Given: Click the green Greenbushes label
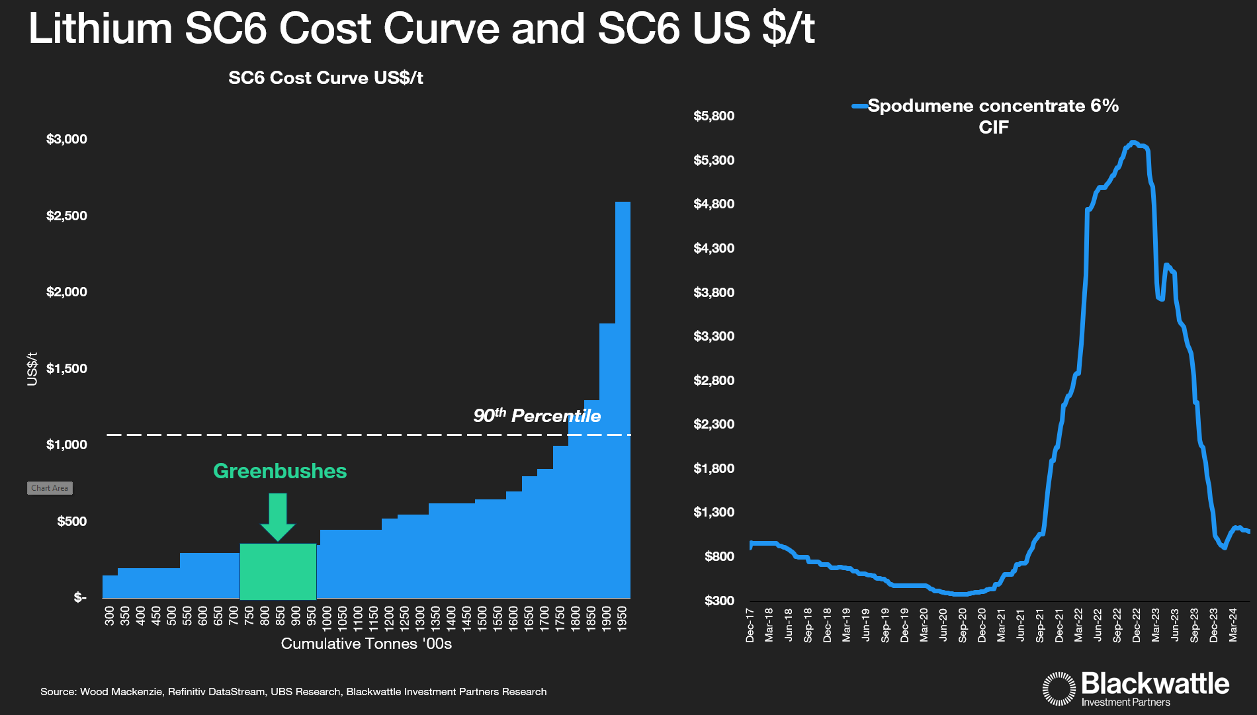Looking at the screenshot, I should tap(280, 471).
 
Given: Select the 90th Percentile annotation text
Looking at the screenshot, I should tap(537, 415).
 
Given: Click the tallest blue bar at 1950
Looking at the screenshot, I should tap(623, 397).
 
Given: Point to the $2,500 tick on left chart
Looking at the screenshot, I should tap(67, 216).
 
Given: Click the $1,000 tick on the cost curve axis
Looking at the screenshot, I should tap(67, 444).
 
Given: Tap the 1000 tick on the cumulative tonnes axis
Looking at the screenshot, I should tap(327, 616).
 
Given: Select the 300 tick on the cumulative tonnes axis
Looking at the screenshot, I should tap(110, 616).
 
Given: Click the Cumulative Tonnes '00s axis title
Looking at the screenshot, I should tap(366, 644).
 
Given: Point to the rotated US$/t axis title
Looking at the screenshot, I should tap(32, 368).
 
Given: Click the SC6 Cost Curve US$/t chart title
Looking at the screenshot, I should tap(325, 78).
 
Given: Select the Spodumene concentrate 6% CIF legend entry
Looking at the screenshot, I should tap(992, 116).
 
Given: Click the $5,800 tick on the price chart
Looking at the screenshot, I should tap(714, 116).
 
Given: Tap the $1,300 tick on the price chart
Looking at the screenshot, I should tap(714, 512).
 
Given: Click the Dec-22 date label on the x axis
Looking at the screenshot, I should tap(1137, 625).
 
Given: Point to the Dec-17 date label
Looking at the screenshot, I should tap(750, 625).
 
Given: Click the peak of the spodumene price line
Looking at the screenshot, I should tap(1133, 142).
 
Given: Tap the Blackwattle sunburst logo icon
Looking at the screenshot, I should tap(1059, 689).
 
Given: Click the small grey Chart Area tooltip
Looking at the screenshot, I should tap(50, 488).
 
